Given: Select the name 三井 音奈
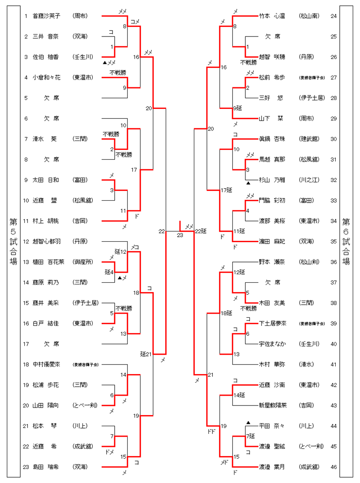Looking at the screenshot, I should pyautogui.click(x=45, y=36).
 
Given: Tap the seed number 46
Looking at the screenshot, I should pyautogui.click(x=333, y=467).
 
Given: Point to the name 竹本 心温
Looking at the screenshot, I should pyautogui.click(x=272, y=16).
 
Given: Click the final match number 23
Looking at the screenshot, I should pyautogui.click(x=180, y=235).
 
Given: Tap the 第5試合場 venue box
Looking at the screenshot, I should pyautogui.click(x=13, y=241).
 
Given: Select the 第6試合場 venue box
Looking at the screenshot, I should pyautogui.click(x=346, y=241).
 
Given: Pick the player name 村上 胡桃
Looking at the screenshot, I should pyautogui.click(x=45, y=221).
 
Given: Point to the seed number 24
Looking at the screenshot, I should pyautogui.click(x=333, y=16).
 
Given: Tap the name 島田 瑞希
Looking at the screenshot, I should pyautogui.click(x=45, y=467).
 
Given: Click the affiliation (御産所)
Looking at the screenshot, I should pyautogui.click(x=84, y=262).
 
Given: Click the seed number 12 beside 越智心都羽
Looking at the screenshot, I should pyautogui.click(x=27, y=242).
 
